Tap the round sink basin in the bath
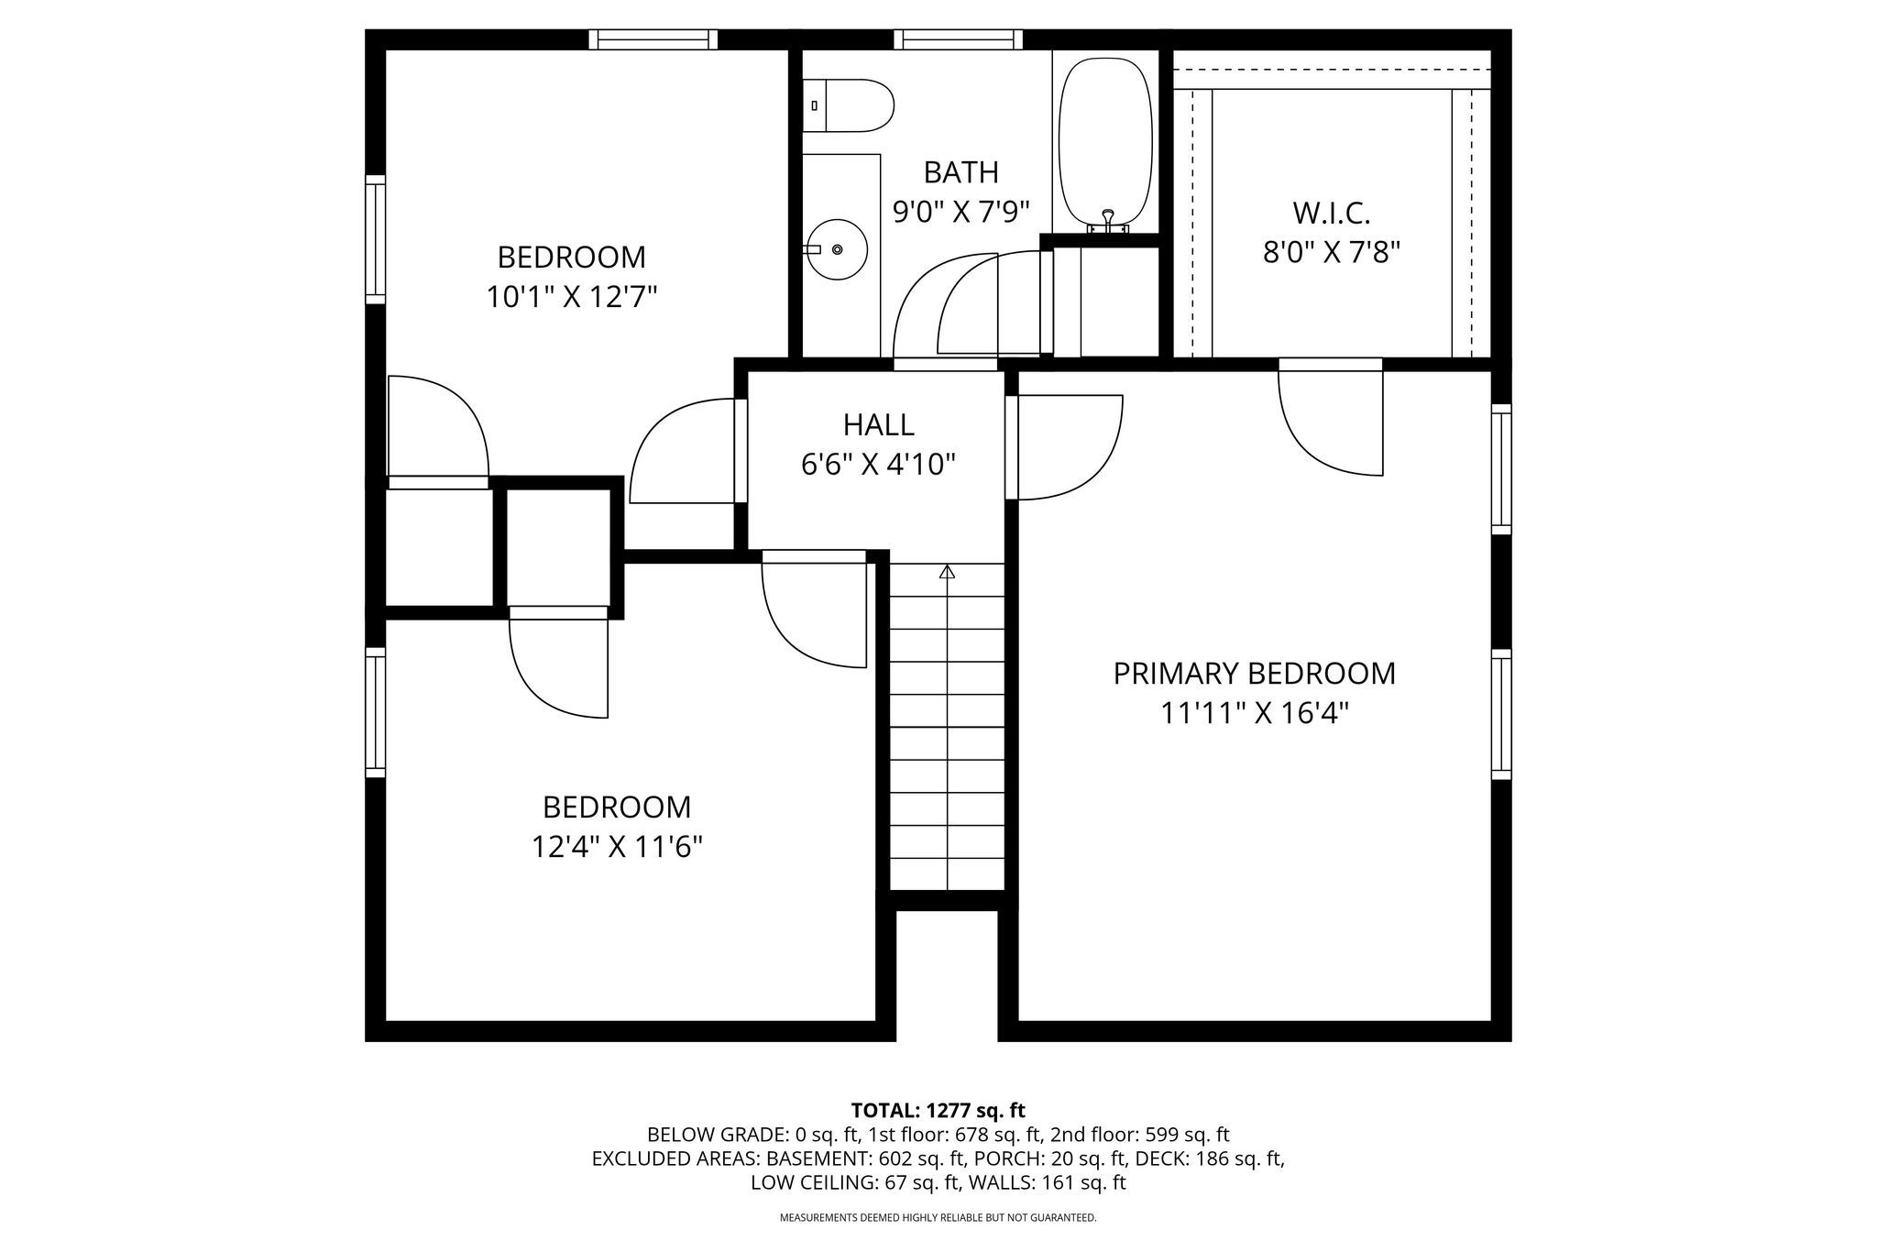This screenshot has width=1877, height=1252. coord(837,248)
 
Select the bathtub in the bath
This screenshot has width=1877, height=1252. coord(1105,141)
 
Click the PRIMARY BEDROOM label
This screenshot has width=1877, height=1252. coord(1254,674)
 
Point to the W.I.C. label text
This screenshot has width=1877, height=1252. coord(1332,214)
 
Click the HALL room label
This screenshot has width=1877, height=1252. coord(878,424)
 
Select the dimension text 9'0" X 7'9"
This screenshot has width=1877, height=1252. coord(960,212)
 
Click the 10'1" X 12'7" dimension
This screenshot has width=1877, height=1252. coord(572,297)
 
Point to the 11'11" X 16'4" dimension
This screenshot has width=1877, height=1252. coord(1254,713)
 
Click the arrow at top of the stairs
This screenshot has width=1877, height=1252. coord(948,572)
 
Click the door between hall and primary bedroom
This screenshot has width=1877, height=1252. coord(1064,447)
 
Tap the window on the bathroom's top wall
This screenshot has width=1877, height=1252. coord(959,39)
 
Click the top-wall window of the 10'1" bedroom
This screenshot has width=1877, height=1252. coord(653,39)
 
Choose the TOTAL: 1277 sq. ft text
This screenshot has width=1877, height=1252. coord(938,1111)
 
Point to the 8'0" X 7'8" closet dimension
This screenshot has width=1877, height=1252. coord(1332,252)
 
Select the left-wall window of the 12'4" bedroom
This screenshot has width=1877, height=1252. coord(375,713)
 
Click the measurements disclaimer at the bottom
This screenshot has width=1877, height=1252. coord(938,1218)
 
